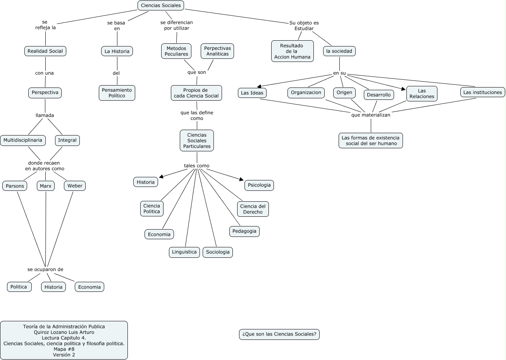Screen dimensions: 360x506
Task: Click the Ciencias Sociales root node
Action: coord(161,5)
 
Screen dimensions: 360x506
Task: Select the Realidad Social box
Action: coord(45,51)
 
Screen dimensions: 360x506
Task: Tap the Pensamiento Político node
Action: coord(117,93)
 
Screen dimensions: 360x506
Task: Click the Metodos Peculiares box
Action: coord(176,51)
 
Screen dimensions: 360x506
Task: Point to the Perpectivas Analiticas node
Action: coord(217,51)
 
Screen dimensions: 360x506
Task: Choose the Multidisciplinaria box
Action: coord(23,140)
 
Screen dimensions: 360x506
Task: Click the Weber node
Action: coord(75,186)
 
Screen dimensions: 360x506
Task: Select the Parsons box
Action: coord(15,186)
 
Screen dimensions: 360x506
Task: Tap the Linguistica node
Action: coord(184,252)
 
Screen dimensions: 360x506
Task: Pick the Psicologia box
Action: coord(259,185)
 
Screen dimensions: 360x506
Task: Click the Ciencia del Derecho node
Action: coord(253,209)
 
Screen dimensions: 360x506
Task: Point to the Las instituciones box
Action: coord(482,92)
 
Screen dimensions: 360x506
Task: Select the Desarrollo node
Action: coord(379,95)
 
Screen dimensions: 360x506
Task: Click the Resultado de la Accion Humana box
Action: coord(292,51)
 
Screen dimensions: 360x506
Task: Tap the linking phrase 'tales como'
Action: coord(196,166)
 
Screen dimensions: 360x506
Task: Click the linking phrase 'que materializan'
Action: coord(371,115)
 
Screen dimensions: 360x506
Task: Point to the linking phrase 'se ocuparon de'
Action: coord(45,269)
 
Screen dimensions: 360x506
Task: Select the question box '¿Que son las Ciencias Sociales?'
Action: coord(279,334)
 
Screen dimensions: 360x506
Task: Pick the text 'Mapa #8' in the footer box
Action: coord(64,349)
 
